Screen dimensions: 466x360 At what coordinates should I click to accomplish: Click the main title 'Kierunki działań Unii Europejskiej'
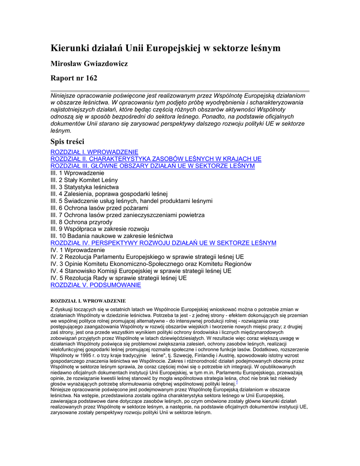pyautogui.click(x=165, y=48)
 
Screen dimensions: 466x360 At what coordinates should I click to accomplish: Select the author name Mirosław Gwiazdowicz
pyautogui.click(x=89, y=64)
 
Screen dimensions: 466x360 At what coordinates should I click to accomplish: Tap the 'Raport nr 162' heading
pyautogui.click(x=73, y=78)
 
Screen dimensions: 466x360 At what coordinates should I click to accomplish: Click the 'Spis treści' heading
pyautogui.click(x=67, y=142)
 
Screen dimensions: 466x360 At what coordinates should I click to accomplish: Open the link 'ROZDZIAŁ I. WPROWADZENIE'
pyautogui.click(x=94, y=152)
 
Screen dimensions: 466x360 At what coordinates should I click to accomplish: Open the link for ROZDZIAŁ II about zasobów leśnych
pyautogui.click(x=156, y=159)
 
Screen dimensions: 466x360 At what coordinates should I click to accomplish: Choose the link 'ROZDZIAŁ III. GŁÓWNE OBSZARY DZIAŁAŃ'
pyautogui.click(x=152, y=166)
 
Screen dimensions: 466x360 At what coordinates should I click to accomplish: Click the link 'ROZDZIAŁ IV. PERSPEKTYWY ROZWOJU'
pyautogui.click(x=163, y=243)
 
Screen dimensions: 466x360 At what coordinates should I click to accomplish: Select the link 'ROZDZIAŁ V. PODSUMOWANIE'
pyautogui.click(x=96, y=285)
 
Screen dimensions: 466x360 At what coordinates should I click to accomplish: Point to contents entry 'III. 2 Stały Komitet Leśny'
pyautogui.click(x=84, y=180)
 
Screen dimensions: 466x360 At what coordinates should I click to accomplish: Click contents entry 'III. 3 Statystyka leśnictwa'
pyautogui.click(x=85, y=187)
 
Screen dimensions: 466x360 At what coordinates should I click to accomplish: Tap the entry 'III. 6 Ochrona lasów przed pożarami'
pyautogui.click(x=99, y=208)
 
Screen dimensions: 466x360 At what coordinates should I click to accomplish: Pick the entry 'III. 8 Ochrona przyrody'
pyautogui.click(x=81, y=222)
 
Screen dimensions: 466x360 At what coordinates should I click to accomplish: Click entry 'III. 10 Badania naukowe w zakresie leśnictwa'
pyautogui.click(x=112, y=236)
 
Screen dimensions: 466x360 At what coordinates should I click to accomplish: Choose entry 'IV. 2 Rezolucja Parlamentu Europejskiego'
pyautogui.click(x=147, y=257)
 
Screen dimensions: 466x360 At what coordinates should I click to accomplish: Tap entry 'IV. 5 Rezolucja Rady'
pyautogui.click(x=118, y=278)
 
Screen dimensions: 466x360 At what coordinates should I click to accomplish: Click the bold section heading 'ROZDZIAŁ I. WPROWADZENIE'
pyautogui.click(x=88, y=301)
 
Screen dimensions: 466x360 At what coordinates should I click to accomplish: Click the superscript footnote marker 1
pyautogui.click(x=237, y=383)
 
